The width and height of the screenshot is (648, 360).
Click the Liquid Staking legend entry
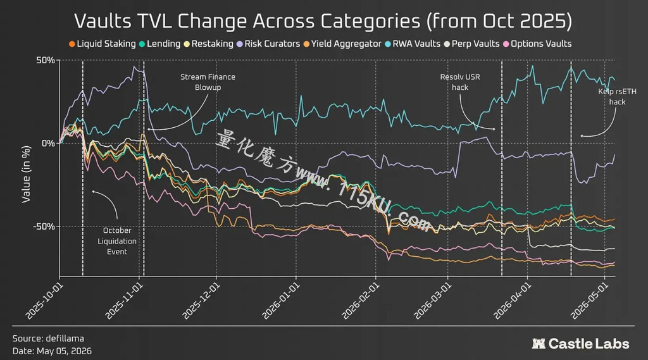click(x=103, y=44)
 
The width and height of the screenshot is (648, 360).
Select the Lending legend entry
click(x=159, y=44)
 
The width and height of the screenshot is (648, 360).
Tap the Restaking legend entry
click(x=209, y=44)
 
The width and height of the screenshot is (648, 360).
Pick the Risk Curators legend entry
click(x=268, y=44)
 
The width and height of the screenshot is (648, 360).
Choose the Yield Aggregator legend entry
click(x=342, y=44)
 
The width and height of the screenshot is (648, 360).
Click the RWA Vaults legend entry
click(x=413, y=44)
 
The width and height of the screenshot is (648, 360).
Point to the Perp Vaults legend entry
click(x=471, y=44)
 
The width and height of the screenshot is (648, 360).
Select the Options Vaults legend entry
click(x=537, y=44)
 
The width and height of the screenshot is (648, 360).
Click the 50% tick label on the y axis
click(x=46, y=60)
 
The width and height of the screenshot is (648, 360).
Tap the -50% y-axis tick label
click(x=44, y=227)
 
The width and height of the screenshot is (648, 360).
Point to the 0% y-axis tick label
click(x=48, y=144)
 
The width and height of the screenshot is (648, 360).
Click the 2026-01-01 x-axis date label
click(x=280, y=301)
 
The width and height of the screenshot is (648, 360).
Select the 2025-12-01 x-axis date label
click(x=200, y=301)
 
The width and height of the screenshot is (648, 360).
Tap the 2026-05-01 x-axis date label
click(x=589, y=301)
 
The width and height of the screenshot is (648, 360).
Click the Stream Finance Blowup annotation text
click(x=208, y=82)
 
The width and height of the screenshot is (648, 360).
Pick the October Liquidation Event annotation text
click(x=117, y=241)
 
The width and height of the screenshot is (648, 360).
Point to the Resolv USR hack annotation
click(x=460, y=82)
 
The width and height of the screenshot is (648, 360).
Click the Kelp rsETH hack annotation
click(x=618, y=97)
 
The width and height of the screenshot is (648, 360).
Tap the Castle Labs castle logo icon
click(x=538, y=344)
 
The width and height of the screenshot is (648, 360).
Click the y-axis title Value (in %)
click(x=26, y=174)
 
